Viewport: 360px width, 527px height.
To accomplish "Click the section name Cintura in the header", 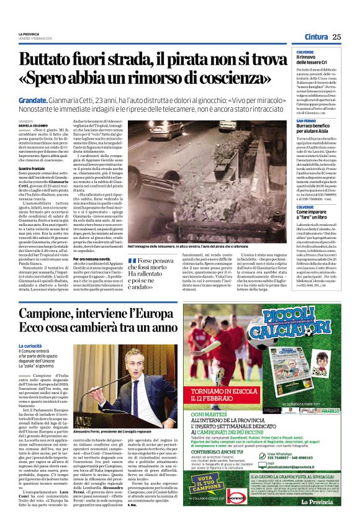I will (x=316, y=37).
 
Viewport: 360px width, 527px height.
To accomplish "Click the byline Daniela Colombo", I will (x=33, y=126).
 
